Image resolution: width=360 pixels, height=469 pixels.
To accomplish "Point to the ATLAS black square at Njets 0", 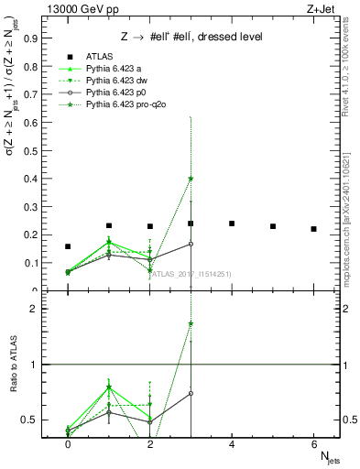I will [68, 246].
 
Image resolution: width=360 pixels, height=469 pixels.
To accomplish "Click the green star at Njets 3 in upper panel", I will [191, 179].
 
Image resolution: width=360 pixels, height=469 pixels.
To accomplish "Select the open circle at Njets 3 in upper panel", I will [191, 244].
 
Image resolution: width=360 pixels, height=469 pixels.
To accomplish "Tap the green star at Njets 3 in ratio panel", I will [191, 323].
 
